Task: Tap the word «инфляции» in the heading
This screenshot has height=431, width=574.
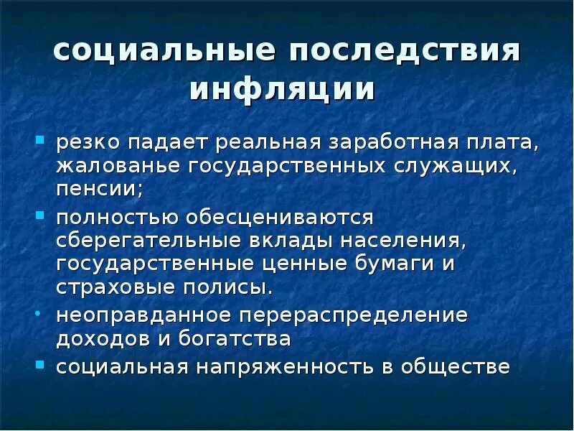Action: coord(283,91)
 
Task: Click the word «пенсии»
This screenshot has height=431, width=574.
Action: coord(98,190)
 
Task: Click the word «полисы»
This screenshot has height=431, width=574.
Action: coord(236,287)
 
